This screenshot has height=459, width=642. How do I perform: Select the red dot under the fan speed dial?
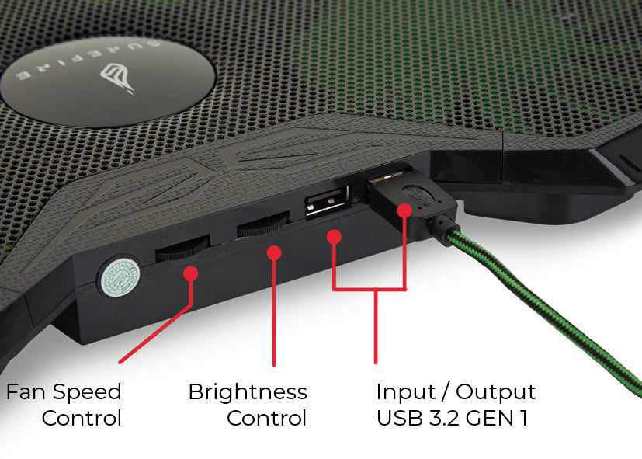191,273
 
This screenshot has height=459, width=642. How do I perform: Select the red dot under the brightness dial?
273,252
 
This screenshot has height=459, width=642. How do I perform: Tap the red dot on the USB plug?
404,210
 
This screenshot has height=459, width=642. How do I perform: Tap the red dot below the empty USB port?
334,235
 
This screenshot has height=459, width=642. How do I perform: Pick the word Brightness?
248,392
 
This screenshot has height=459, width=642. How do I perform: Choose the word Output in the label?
495,392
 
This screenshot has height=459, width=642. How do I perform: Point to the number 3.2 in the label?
443,418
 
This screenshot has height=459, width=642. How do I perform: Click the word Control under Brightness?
266,418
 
